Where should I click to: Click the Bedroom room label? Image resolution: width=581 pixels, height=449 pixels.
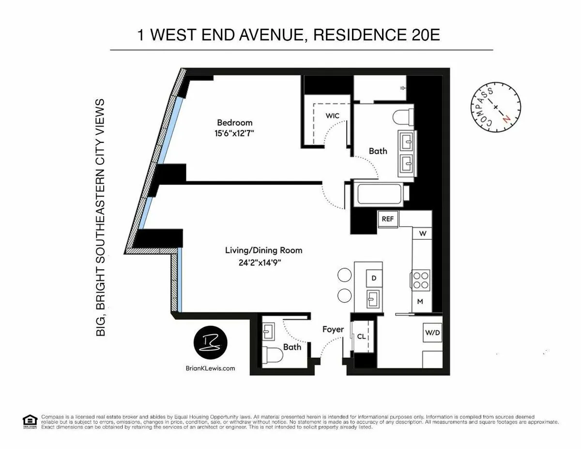[x=234, y=123]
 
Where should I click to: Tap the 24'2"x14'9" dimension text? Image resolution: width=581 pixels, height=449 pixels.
[x=260, y=263]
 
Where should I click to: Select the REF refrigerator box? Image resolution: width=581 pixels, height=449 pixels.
[x=388, y=219]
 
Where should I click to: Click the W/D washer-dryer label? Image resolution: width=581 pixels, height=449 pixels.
[x=432, y=333]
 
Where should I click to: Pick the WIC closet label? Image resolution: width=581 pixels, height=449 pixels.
[x=332, y=115]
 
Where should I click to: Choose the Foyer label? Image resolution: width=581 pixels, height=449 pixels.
[x=333, y=329]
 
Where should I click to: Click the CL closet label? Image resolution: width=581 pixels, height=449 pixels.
[x=362, y=336]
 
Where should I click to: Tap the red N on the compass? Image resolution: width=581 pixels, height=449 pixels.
[x=506, y=118]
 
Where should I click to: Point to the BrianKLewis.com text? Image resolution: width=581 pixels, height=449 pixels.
[x=210, y=368]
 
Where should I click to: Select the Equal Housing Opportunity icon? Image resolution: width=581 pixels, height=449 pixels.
[x=30, y=421]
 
